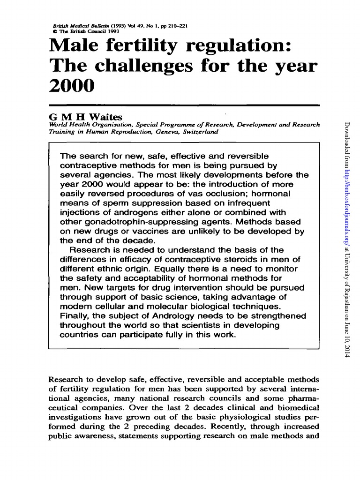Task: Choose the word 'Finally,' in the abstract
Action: coord(75,316)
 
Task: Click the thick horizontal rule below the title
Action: coord(184,105)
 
